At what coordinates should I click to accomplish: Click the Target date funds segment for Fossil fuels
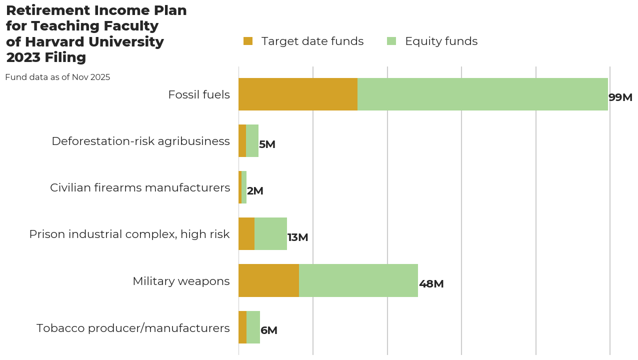(298, 94)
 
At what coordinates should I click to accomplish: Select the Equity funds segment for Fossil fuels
(482, 94)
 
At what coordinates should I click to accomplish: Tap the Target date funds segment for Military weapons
(268, 280)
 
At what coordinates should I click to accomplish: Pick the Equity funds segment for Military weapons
(358, 280)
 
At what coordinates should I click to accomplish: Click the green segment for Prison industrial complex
(270, 234)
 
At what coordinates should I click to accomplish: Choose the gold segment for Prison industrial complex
(246, 234)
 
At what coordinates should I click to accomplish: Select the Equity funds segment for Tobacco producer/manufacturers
(253, 327)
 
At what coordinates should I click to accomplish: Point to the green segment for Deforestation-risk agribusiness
(252, 141)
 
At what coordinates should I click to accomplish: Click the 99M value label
(620, 97)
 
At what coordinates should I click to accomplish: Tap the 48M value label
(431, 284)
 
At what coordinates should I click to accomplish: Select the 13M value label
(297, 237)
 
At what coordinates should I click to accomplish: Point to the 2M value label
(255, 191)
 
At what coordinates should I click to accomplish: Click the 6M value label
(269, 330)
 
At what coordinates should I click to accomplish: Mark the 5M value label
(267, 144)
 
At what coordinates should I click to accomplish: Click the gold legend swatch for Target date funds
(248, 41)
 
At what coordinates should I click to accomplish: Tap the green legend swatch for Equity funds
(391, 41)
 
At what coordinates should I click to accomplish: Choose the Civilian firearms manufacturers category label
(140, 187)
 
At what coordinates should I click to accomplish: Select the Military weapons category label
(181, 281)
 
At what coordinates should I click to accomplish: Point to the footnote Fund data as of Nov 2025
(57, 77)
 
